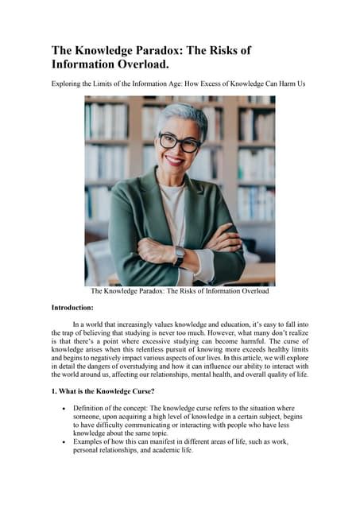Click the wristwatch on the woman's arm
pos(180,257)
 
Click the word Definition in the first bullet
pos(89,407)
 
